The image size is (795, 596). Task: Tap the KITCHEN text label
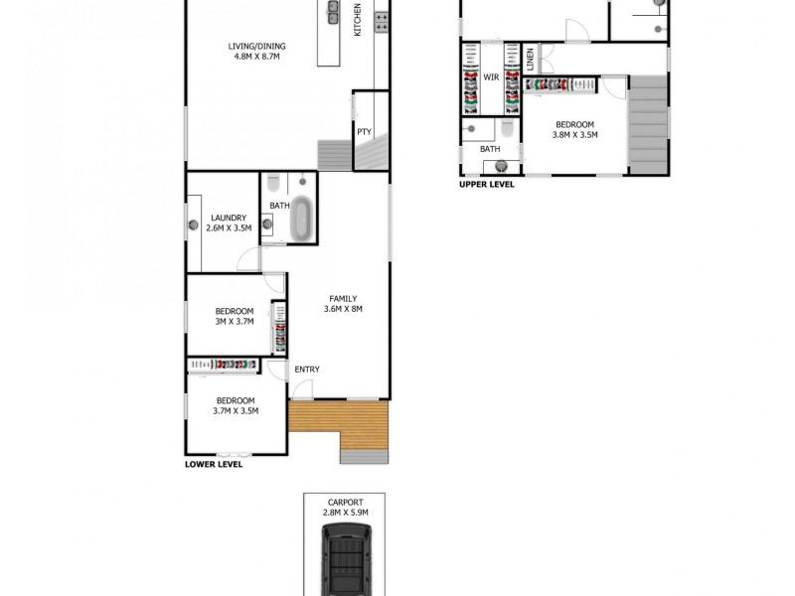pyautogui.click(x=359, y=23)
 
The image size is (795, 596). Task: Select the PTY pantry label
pyautogui.click(x=364, y=131)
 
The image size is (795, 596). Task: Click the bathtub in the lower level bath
pyautogui.click(x=301, y=220)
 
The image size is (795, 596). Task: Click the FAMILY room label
pyautogui.click(x=343, y=299)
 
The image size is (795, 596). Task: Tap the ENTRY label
pyautogui.click(x=307, y=370)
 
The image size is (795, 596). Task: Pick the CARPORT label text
pyautogui.click(x=344, y=503)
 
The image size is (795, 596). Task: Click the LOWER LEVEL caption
pyautogui.click(x=214, y=464)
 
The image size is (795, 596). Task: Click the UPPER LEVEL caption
pyautogui.click(x=487, y=184)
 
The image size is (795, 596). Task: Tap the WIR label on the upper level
pyautogui.click(x=490, y=75)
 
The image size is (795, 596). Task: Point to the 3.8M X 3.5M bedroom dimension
pyautogui.click(x=574, y=134)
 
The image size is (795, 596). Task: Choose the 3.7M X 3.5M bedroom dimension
pyautogui.click(x=236, y=409)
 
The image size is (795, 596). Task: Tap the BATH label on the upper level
pyautogui.click(x=490, y=149)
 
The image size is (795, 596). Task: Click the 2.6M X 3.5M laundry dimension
pyautogui.click(x=229, y=228)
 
